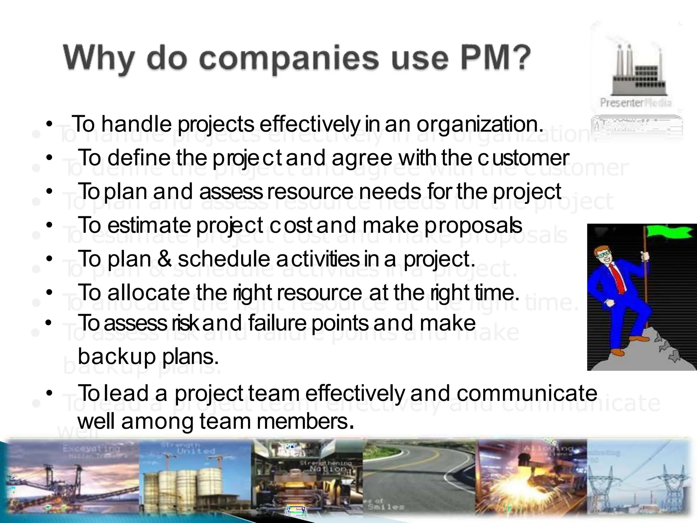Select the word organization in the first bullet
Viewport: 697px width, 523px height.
click(x=480, y=125)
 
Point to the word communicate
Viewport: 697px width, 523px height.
click(x=526, y=393)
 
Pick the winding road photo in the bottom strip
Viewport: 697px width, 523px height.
click(x=420, y=480)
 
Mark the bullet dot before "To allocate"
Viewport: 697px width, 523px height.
click(x=50, y=292)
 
